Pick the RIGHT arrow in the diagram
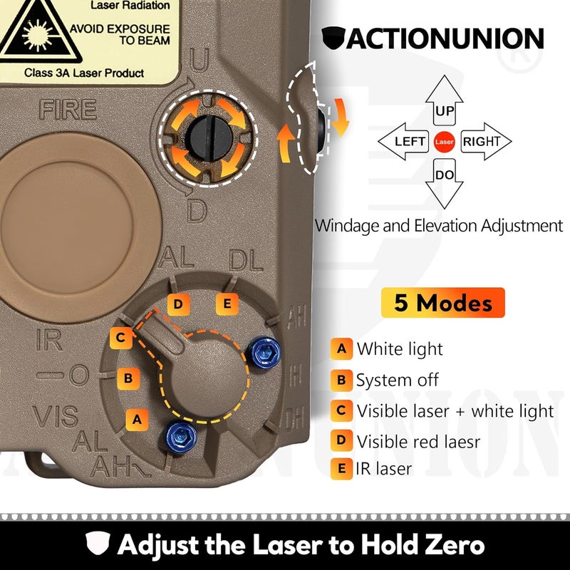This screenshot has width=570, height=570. [485, 142]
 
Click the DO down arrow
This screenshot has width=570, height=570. [445, 180]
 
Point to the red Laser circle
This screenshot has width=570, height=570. [445, 142]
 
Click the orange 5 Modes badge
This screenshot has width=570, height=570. [442, 303]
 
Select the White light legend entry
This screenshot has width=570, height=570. [399, 349]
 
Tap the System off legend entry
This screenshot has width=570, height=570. [398, 380]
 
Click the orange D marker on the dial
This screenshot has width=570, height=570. [178, 305]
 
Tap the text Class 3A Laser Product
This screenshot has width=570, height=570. [84, 73]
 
